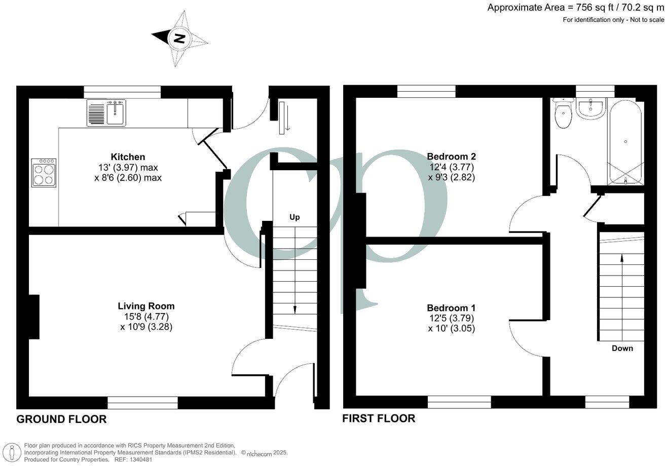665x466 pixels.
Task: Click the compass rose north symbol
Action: [179, 38]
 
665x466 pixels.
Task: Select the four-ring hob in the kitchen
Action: [44, 173]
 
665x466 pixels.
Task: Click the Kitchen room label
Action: [128, 157]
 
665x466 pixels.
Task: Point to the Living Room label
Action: [146, 306]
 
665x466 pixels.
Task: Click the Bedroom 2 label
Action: [451, 156]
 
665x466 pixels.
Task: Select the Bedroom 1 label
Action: [451, 308]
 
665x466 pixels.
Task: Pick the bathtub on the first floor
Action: [626, 142]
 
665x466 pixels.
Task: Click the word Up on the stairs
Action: [294, 217]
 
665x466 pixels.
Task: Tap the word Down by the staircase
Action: [622, 348]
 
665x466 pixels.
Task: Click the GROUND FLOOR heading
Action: [61, 419]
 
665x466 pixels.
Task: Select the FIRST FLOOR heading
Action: [379, 418]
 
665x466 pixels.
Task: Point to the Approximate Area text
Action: [575, 7]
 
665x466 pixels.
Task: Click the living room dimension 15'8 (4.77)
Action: [146, 317]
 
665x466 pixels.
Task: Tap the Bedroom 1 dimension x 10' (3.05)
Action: [451, 328]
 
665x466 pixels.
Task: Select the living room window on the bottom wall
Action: [142, 402]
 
